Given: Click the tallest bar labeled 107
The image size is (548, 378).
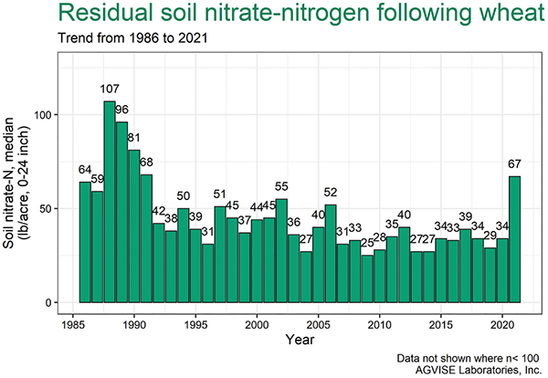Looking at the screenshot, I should click(110, 202).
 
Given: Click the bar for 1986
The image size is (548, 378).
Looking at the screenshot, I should click(85, 242).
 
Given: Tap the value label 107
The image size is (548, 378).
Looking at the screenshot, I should click(110, 89).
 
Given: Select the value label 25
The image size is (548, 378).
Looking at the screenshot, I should click(367, 244).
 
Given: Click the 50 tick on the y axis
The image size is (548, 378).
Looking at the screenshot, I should click(53, 209).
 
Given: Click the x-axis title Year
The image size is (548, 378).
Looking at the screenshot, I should click(293, 341).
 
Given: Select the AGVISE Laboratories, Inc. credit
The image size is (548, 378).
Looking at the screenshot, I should click(466, 368).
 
